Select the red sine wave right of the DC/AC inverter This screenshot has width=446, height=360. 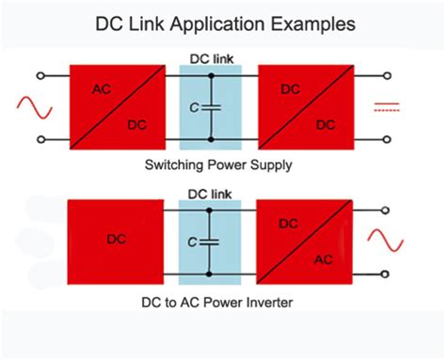tap(385, 243)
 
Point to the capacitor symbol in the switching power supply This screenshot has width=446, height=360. tap(210, 105)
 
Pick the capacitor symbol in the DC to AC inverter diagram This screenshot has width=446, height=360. tap(210, 243)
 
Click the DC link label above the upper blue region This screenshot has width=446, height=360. tap(210, 58)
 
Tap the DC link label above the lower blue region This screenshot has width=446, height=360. tap(210, 195)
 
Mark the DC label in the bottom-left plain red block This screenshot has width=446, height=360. tap(116, 242)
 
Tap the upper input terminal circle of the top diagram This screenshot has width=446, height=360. tap(40, 73)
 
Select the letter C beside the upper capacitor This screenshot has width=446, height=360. tap(192, 106)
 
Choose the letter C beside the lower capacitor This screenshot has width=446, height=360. tap(192, 243)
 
